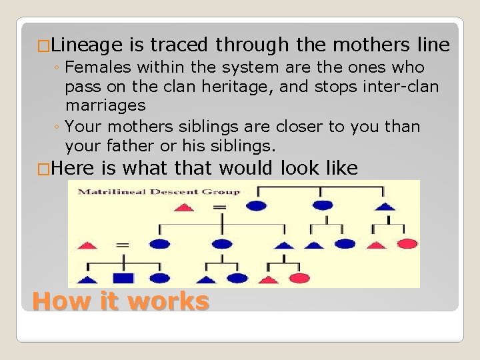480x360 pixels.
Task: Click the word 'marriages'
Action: coord(105,105)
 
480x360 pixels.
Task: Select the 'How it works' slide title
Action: coord(121,301)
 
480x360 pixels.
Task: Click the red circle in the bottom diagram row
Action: coord(299,279)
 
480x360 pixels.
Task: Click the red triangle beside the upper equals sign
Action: coord(183,207)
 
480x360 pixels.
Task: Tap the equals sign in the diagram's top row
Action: coord(219,207)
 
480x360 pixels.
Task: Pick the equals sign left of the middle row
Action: coord(122,245)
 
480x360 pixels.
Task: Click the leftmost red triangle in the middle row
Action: coord(87,245)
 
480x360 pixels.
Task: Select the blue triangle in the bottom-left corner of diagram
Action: coord(87,279)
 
